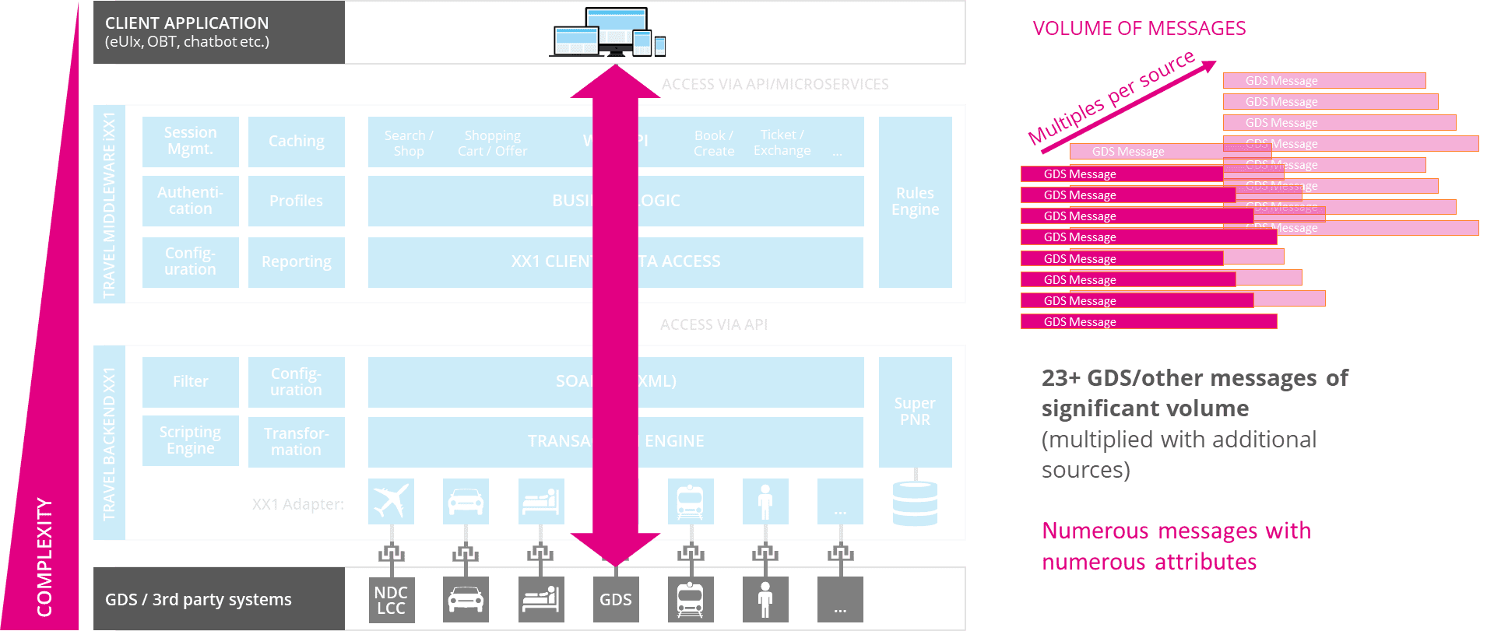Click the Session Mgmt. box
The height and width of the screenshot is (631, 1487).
190,141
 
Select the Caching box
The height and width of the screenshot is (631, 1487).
296,141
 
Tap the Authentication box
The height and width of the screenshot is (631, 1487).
190,201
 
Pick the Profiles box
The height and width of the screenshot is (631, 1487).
296,201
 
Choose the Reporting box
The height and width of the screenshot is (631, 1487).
296,262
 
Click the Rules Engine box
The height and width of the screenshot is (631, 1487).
915,202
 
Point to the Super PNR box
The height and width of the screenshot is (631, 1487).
915,412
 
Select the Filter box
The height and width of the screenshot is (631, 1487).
190,381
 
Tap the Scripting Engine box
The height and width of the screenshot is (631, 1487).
190,440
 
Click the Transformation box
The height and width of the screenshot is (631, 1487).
296,441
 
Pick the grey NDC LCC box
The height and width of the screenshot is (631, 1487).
391,600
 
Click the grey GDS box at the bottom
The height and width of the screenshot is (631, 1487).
615,600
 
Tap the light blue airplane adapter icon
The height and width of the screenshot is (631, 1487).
391,501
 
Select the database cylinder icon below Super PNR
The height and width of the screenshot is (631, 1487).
915,503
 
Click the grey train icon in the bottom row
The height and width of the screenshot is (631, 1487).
690,600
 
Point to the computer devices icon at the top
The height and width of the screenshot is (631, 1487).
608,33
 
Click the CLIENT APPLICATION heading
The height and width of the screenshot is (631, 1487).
187,23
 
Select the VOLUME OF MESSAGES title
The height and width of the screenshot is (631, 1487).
1138,29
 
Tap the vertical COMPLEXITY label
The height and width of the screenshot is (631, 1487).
44,557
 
